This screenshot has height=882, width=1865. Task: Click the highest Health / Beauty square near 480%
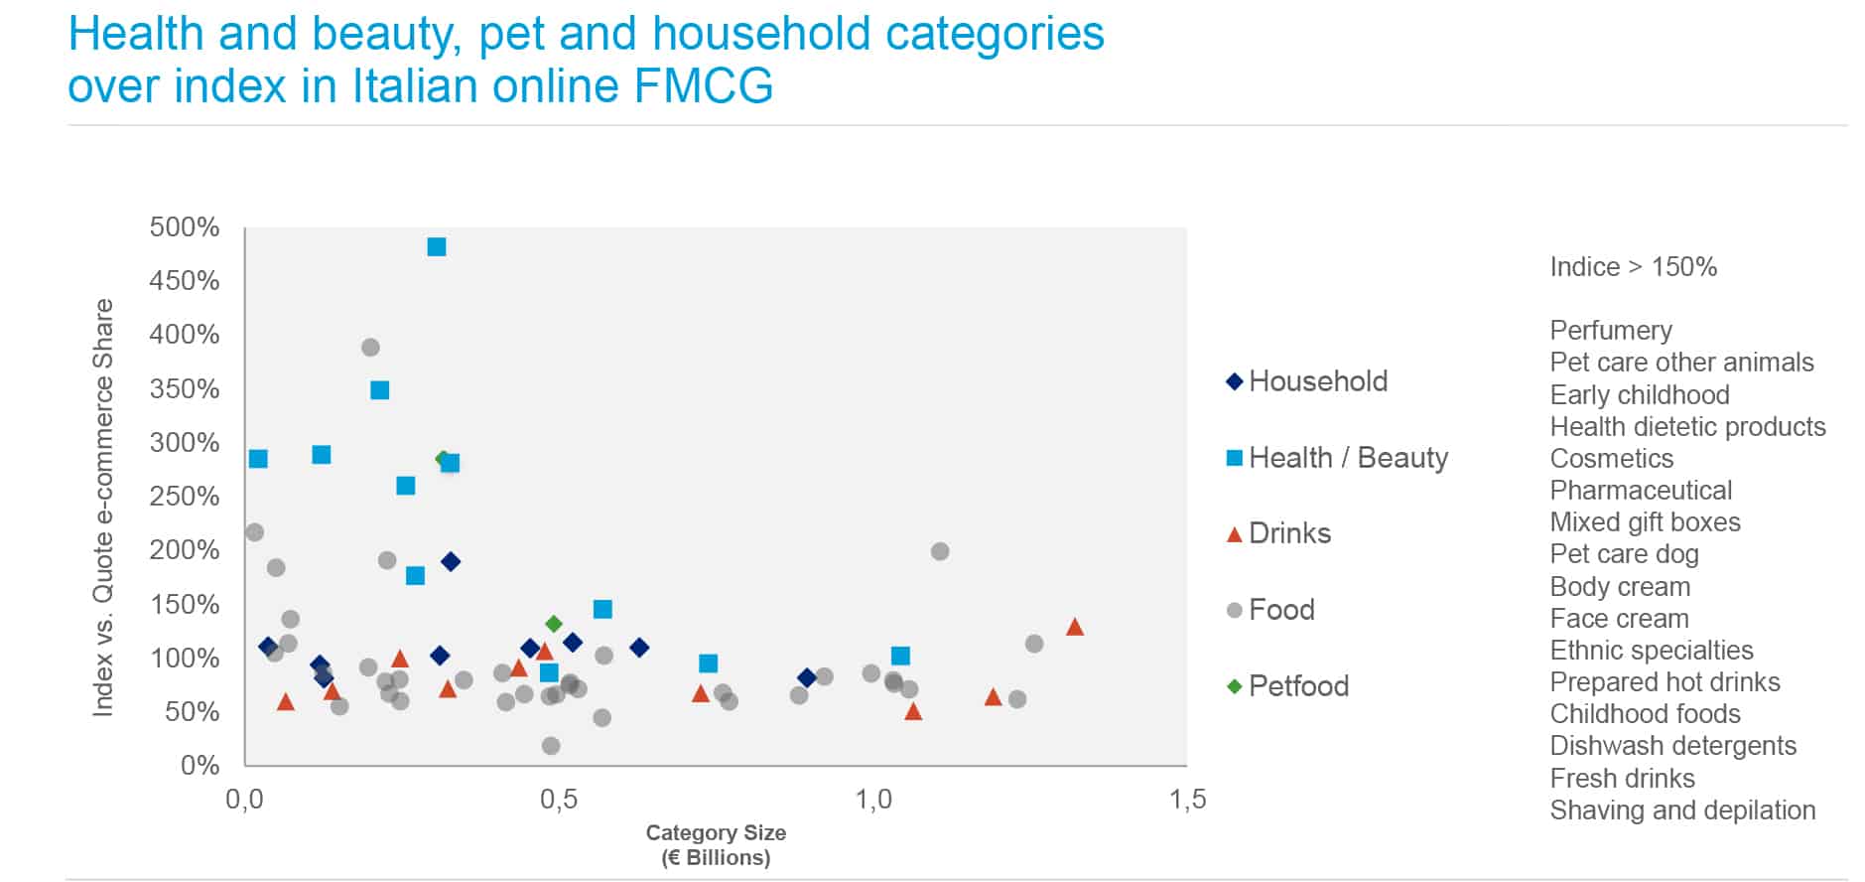pos(437,246)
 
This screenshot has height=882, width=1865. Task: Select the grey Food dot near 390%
pos(370,348)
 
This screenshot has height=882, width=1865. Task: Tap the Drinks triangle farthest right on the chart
pos(1074,627)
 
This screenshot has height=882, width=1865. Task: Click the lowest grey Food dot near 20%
pos(551,746)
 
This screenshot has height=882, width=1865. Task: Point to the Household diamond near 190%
pos(451,562)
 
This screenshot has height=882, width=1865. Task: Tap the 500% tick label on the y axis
pos(185,227)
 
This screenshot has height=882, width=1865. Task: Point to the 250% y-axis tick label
pos(185,497)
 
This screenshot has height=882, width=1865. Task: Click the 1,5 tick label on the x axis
pos(1187,800)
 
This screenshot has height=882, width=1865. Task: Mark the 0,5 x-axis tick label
pos(559,800)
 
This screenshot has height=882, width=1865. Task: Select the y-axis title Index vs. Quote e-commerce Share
pos(103,507)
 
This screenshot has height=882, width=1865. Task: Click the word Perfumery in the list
pos(1611,331)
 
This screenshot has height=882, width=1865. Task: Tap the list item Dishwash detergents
pos(1673,746)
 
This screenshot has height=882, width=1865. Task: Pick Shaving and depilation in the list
pos(1682,810)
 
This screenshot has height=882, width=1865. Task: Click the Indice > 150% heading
pos(1633,267)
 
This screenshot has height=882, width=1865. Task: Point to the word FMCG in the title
pos(703,85)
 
